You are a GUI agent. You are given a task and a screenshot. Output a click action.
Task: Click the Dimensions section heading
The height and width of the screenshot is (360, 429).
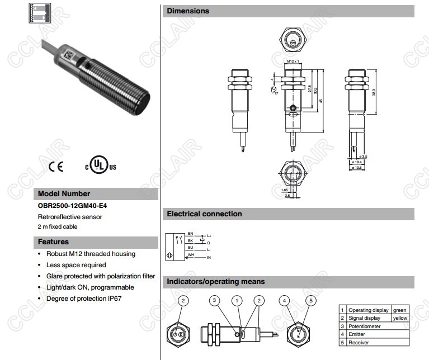(x=188, y=11)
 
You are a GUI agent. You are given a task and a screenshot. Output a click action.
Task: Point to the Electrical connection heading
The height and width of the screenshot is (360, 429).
(x=204, y=214)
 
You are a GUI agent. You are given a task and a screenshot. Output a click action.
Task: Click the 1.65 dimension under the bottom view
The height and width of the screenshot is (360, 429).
(x=285, y=190)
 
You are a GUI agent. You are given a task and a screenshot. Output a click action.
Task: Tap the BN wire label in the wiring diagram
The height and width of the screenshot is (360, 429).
(x=190, y=233)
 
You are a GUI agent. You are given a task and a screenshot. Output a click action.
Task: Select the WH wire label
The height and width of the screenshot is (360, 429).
(x=190, y=254)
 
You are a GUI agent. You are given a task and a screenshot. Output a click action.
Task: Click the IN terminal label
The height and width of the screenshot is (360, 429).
(x=209, y=258)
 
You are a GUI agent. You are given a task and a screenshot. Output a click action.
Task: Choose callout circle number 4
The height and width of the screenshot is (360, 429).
(x=285, y=301)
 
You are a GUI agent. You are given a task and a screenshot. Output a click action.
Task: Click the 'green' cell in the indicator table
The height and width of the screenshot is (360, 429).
(x=399, y=310)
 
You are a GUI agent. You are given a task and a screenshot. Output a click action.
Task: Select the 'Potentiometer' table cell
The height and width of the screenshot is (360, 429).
(x=365, y=326)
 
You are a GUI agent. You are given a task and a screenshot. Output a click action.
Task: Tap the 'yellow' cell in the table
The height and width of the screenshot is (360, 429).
(x=399, y=318)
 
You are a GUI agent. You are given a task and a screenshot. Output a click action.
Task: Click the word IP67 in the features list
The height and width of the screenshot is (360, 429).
(x=113, y=299)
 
